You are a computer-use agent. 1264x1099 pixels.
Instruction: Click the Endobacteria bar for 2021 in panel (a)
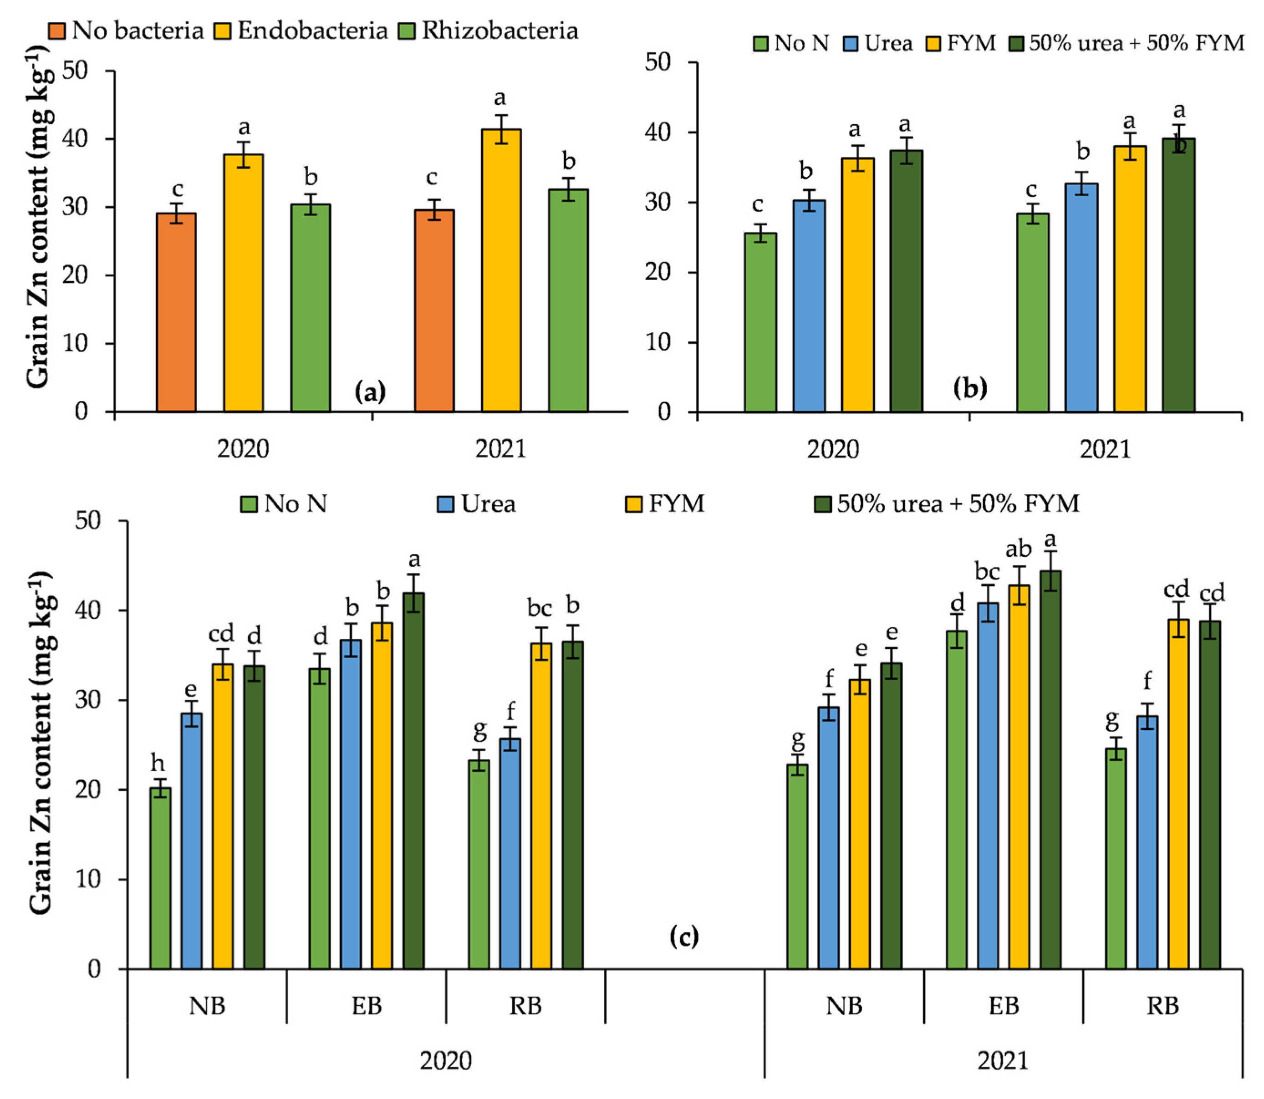point(501,270)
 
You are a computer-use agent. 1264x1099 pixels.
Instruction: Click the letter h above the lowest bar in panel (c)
point(158,763)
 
